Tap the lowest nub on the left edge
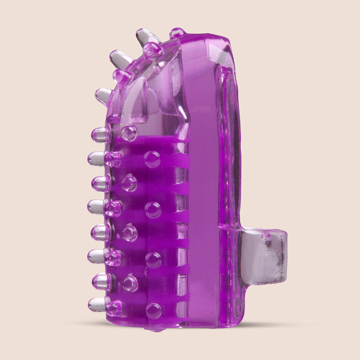(97, 304)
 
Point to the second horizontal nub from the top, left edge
(97, 159)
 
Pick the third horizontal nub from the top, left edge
(100, 184)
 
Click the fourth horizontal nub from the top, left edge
(97, 207)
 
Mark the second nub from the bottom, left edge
(101, 281)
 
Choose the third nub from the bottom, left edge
(97, 256)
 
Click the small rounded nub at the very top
(177, 33)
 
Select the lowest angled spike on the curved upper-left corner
(103, 96)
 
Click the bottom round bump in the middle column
(153, 311)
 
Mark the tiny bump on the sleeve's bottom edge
(155, 330)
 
